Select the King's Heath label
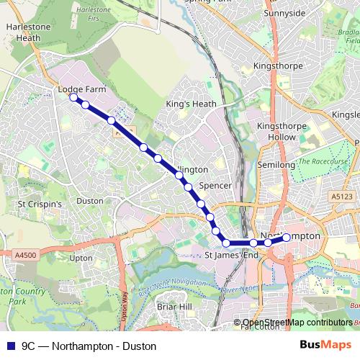[x=191, y=104]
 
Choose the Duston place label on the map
[x=90, y=201]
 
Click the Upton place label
[x=81, y=257]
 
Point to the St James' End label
[x=231, y=255]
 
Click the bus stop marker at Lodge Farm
[x=73, y=98]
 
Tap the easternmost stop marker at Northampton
[x=287, y=237]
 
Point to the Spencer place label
[x=215, y=186]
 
